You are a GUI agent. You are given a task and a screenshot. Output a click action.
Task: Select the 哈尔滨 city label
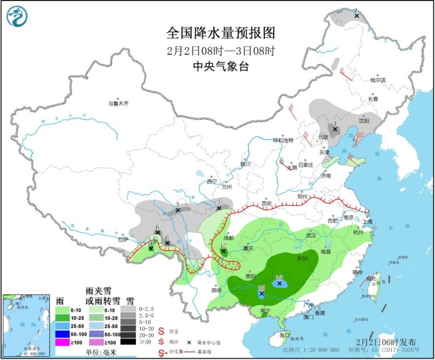(378, 80)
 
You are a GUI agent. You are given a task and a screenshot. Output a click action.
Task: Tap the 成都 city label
(229, 238)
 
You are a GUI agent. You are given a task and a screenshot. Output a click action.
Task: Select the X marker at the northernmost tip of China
(357, 16)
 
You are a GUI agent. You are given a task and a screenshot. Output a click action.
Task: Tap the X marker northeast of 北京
(335, 130)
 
